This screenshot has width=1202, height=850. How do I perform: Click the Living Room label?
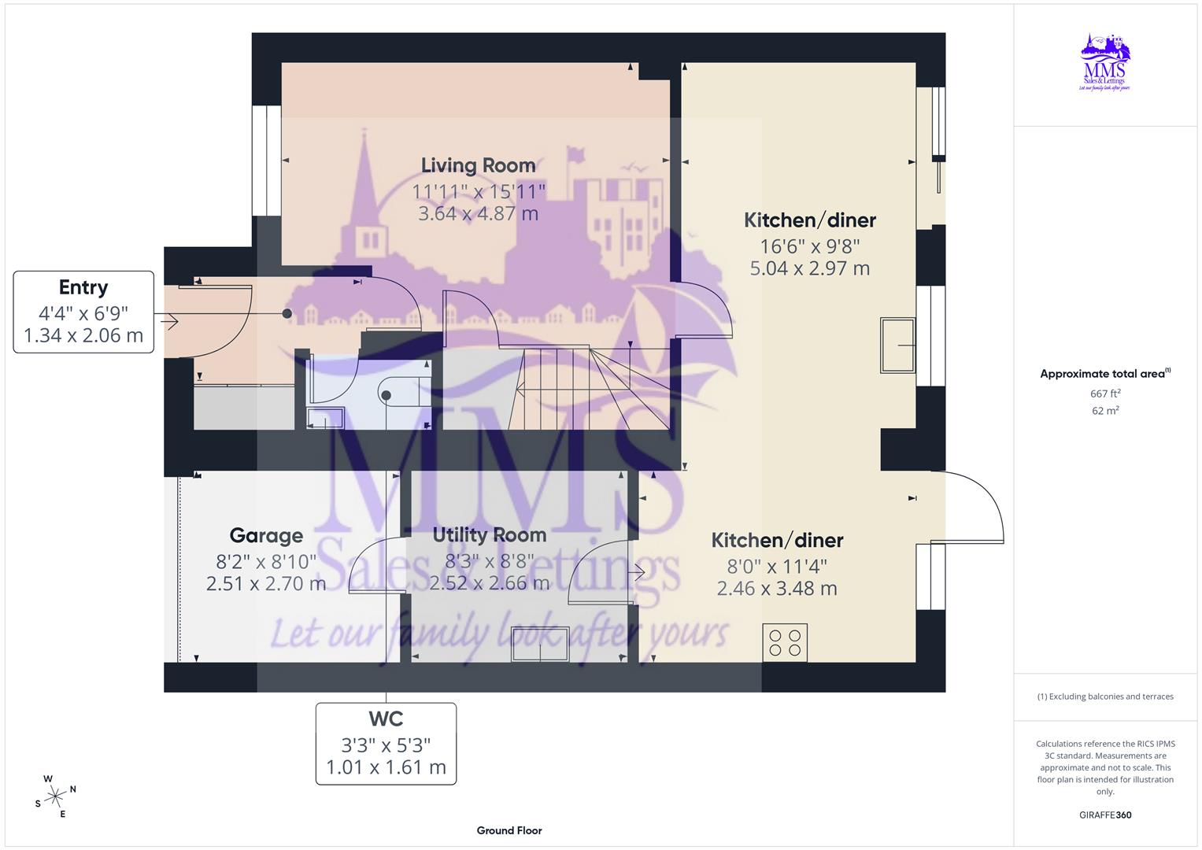pyautogui.click(x=478, y=165)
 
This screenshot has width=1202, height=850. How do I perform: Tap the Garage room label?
pyautogui.click(x=266, y=536)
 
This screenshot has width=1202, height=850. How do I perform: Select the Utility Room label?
pyautogui.click(x=489, y=535)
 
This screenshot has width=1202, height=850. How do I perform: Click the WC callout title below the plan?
pyautogui.click(x=386, y=719)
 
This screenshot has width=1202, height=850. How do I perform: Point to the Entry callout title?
pyautogui.click(x=83, y=287)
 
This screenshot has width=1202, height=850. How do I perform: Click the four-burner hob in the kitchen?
pyautogui.click(x=785, y=642)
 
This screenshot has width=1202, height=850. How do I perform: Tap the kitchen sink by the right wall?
pyautogui.click(x=897, y=345)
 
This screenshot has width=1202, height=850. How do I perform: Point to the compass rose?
pyautogui.click(x=55, y=796)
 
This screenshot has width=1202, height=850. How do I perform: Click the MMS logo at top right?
pyautogui.click(x=1105, y=62)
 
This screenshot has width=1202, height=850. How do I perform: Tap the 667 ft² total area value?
pyautogui.click(x=1105, y=394)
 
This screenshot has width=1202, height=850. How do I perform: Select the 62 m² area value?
pyautogui.click(x=1105, y=411)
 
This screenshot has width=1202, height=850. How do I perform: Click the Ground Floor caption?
pyautogui.click(x=509, y=830)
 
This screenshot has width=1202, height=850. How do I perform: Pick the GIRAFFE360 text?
pyautogui.click(x=1105, y=815)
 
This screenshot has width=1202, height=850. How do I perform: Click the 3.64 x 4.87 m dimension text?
pyautogui.click(x=478, y=213)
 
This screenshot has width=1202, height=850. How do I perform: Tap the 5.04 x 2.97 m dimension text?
pyautogui.click(x=809, y=268)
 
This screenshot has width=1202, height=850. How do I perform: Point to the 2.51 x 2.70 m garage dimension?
pyautogui.click(x=266, y=584)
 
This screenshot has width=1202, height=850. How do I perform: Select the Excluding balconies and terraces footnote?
pyautogui.click(x=1105, y=697)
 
